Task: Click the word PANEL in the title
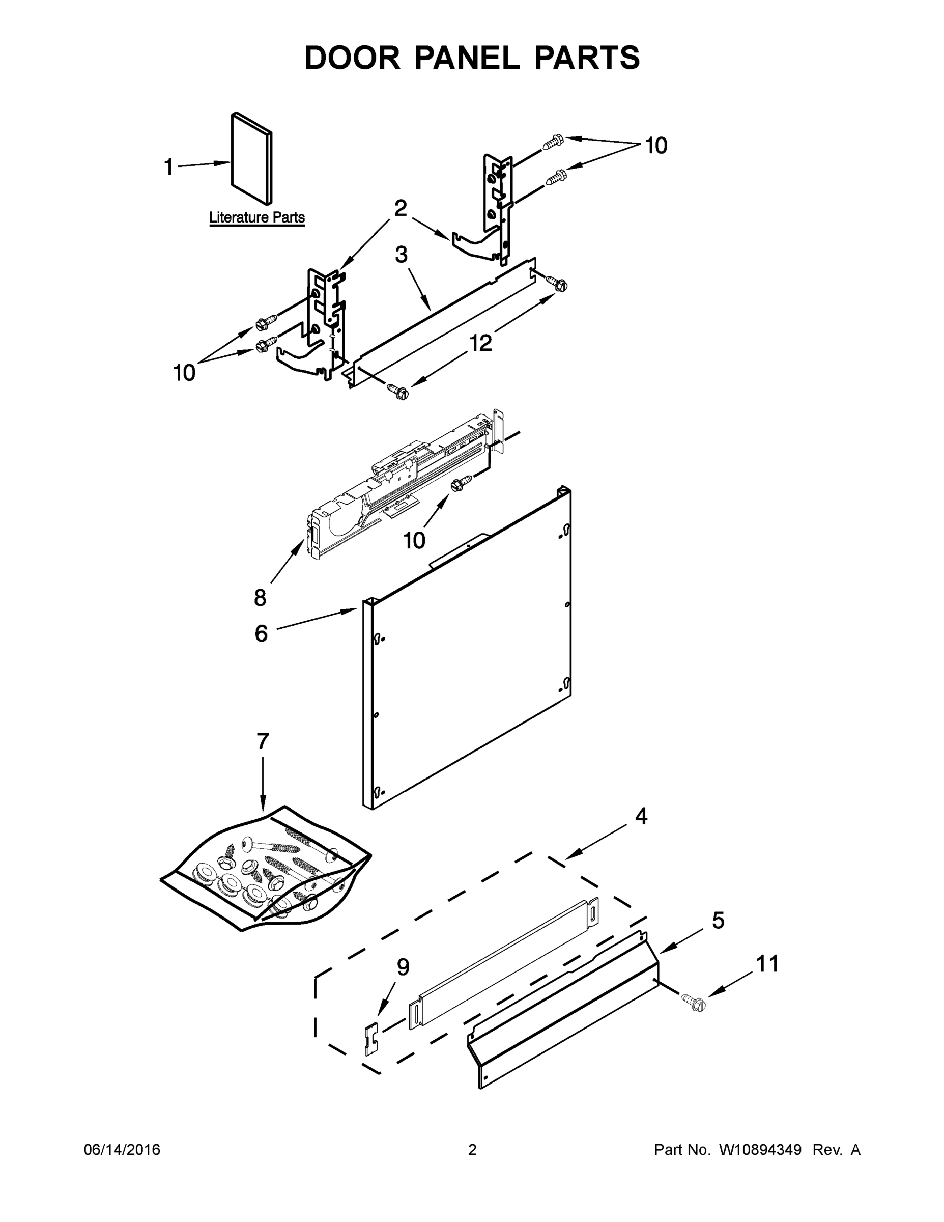click(467, 58)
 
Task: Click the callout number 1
click(168, 166)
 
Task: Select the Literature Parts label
click(256, 217)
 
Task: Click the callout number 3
click(401, 255)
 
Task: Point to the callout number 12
click(480, 343)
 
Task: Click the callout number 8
click(260, 598)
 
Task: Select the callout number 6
click(261, 633)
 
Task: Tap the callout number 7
click(263, 741)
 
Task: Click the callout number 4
click(641, 816)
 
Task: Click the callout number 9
click(403, 967)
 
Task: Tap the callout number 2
click(401, 208)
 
